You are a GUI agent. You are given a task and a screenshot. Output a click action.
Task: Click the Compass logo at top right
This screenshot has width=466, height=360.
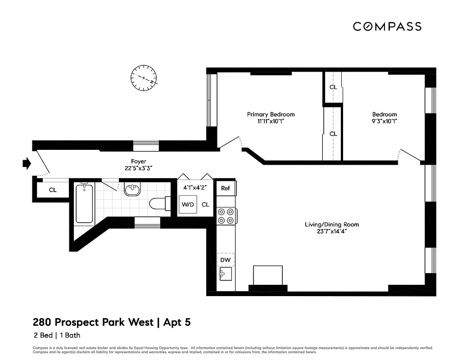(x=387, y=27)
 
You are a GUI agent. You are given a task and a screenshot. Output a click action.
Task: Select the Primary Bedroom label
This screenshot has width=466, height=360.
(x=271, y=114)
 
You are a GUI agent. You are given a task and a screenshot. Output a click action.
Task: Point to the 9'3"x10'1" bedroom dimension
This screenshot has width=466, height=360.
(x=384, y=121)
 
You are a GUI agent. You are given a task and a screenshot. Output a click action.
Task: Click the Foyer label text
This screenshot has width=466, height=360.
(x=138, y=162)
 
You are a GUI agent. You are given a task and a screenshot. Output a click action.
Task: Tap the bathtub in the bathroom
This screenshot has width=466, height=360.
(x=84, y=203)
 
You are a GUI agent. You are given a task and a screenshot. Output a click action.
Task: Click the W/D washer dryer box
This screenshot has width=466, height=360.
(x=187, y=204)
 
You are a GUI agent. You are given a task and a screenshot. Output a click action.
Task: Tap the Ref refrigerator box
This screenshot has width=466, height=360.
(x=225, y=188)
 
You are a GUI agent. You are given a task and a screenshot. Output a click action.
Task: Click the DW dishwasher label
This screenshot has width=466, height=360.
(x=225, y=260)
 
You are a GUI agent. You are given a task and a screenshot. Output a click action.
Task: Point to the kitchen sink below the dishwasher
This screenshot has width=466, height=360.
(x=225, y=274)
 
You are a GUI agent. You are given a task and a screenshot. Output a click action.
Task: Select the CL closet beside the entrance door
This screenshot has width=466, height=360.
(x=53, y=190)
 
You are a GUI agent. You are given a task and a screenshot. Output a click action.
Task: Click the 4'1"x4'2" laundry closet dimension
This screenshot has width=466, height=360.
(x=195, y=187)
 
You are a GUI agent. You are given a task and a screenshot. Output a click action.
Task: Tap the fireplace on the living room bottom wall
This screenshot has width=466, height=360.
(x=268, y=277)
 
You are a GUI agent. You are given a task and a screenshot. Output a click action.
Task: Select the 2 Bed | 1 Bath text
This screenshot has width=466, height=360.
(x=57, y=335)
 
